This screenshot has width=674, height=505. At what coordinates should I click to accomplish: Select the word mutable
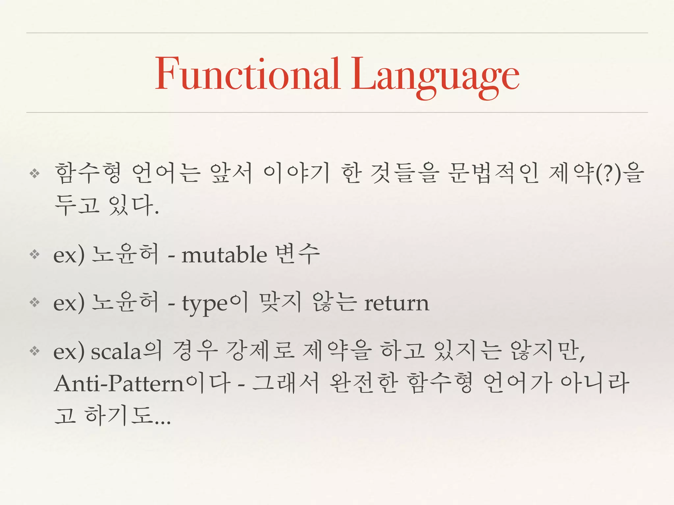(x=224, y=255)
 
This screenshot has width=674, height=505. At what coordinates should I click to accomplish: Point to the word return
(x=397, y=303)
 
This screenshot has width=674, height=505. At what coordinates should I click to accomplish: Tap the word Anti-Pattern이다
(x=143, y=384)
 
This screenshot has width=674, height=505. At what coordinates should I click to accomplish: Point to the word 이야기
(x=297, y=173)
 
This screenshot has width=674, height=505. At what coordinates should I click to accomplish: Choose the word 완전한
(x=363, y=383)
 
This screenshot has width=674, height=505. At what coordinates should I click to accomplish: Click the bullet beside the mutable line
(x=35, y=254)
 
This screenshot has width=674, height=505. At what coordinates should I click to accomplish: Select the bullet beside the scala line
(x=35, y=351)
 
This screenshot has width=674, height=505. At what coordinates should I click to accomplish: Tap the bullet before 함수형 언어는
(x=35, y=173)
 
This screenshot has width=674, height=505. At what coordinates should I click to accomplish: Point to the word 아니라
(x=595, y=383)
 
